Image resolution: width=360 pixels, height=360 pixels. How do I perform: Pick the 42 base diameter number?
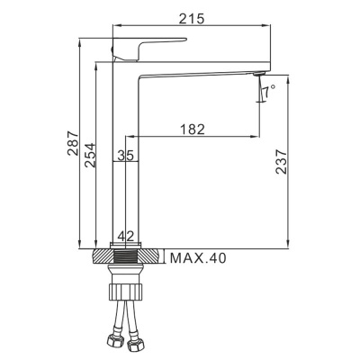(x=126, y=236)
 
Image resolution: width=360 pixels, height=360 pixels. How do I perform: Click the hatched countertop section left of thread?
(x=104, y=258)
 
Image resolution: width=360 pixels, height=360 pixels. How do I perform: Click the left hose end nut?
(x=113, y=342)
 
